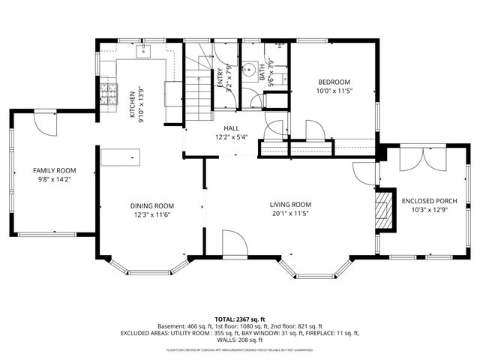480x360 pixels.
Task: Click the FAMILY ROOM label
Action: point(54,171)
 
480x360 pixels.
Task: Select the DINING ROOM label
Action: point(152,206)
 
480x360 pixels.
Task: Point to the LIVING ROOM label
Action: point(290,205)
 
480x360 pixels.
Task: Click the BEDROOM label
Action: point(334,82)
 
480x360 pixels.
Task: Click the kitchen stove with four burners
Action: point(109,94)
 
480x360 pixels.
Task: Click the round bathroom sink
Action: point(251,67)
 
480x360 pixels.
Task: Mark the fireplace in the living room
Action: point(384,210)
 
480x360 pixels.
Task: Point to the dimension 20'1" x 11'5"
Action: point(290,214)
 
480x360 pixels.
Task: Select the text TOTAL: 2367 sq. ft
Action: point(240,319)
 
